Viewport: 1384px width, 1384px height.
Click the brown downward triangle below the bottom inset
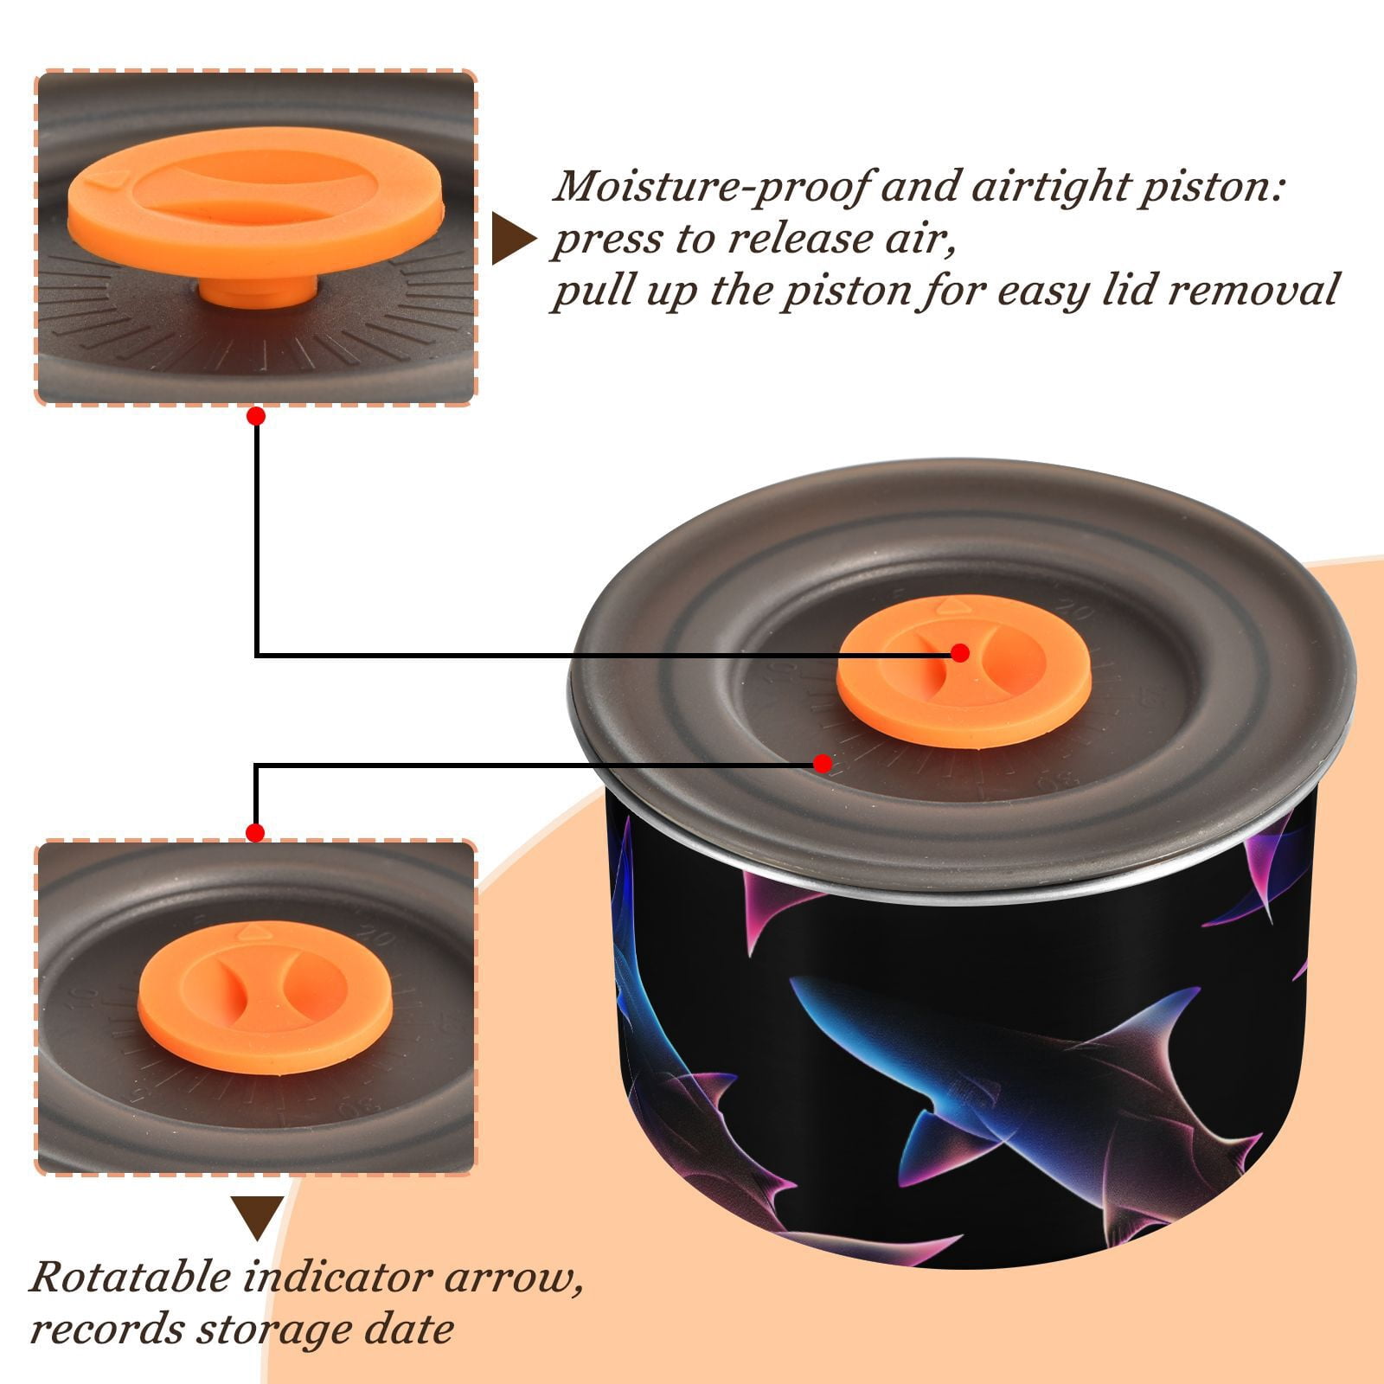(x=257, y=1216)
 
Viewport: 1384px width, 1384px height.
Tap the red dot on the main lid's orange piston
(x=959, y=653)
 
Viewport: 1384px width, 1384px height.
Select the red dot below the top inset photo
(x=255, y=417)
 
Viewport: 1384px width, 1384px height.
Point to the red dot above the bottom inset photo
(x=255, y=833)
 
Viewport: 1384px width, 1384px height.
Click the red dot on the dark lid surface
(x=823, y=764)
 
